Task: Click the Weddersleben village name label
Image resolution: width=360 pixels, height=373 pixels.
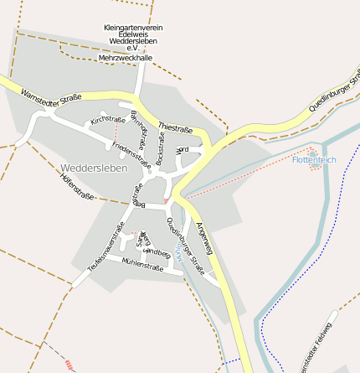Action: coord(94,168)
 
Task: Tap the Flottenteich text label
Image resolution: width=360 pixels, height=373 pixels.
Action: coord(314,159)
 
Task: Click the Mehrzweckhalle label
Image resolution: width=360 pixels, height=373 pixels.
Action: coord(126,58)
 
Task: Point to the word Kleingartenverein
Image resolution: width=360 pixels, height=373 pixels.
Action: coord(133,28)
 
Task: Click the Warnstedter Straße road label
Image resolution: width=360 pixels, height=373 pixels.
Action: coord(51,97)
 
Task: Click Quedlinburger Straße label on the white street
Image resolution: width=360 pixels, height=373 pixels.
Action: coord(185,245)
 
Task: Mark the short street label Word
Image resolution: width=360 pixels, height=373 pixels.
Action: coord(183,150)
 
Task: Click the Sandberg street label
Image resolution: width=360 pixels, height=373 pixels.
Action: coord(157,251)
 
